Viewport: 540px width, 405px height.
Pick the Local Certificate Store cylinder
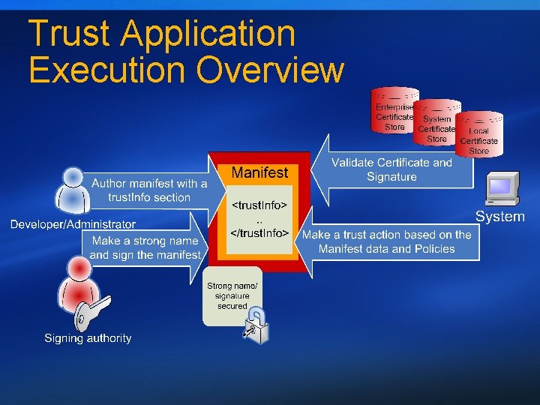(479, 135)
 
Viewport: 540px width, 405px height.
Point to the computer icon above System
(502, 189)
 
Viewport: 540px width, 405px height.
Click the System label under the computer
(499, 217)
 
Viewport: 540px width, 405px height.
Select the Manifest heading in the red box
(259, 173)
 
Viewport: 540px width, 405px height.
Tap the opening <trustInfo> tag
(259, 204)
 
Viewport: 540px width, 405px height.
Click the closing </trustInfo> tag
(259, 233)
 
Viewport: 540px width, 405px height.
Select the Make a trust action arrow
(386, 241)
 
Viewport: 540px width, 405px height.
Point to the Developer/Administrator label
(73, 224)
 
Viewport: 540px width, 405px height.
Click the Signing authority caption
(88, 338)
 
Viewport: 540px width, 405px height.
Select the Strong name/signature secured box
(232, 295)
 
